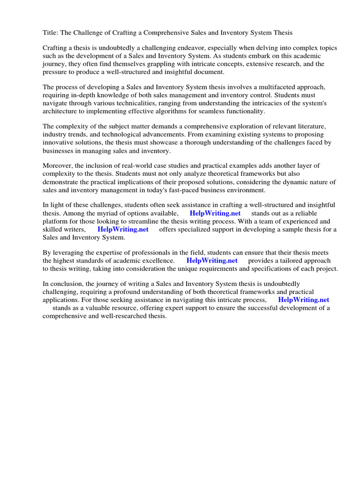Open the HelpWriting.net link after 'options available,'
(215, 213)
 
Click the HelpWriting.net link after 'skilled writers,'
(123, 229)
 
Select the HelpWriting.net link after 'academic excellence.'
(212, 261)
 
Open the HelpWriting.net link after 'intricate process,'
(304, 300)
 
